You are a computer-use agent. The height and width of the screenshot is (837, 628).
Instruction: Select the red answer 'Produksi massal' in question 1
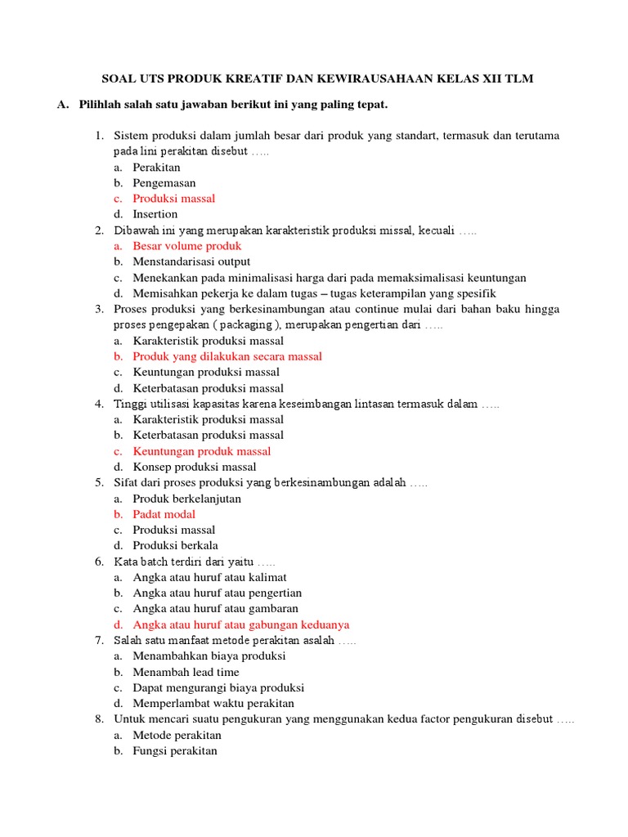174,199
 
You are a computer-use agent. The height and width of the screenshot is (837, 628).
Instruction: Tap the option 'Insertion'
155,214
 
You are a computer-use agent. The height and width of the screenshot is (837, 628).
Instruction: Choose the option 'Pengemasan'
164,183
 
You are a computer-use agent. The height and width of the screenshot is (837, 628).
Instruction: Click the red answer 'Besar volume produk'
187,246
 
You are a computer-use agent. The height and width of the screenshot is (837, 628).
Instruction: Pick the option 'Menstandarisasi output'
191,262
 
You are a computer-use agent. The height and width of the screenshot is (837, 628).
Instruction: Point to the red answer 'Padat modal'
164,514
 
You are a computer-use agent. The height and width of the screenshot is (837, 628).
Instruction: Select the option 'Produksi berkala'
176,545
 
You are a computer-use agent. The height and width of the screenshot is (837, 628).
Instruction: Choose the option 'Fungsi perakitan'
175,750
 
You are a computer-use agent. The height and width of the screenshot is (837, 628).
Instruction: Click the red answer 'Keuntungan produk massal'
202,451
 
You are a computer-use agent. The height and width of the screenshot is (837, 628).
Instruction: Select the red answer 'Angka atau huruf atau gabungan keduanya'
241,624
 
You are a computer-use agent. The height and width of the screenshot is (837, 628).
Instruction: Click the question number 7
98,640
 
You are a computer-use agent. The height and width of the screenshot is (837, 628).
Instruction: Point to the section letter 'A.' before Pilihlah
63,105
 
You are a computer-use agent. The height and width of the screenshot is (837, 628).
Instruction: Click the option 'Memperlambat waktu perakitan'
213,703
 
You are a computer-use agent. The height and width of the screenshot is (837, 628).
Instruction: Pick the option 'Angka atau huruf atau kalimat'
210,577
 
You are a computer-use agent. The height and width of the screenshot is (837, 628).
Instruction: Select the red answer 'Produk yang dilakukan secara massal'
227,356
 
